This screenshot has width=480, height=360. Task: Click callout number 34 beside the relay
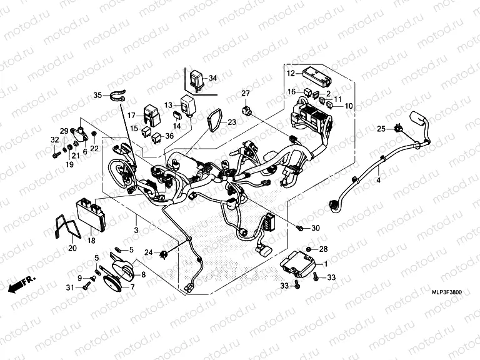[212, 78]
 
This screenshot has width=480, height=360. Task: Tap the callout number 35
[97, 95]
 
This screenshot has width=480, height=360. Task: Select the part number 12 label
[291, 74]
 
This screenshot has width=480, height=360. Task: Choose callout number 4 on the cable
[377, 181]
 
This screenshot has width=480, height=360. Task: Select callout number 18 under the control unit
[91, 240]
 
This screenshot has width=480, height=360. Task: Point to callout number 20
[72, 248]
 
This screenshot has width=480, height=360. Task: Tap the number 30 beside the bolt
[315, 228]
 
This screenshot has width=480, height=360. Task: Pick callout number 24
[148, 252]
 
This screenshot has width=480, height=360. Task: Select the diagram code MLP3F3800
[447, 292]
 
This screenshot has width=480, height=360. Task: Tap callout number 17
[131, 116]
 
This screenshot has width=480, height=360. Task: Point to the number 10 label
[349, 106]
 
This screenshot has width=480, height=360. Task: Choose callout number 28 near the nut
[324, 250]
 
